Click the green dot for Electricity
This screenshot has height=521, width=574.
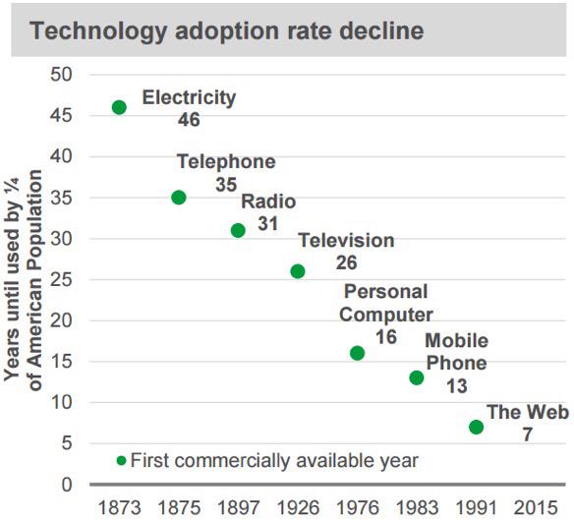[x=119, y=107]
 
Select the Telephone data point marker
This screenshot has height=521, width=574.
[x=179, y=198]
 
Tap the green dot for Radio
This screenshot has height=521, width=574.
[x=238, y=230]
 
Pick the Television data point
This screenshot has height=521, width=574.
[x=298, y=271]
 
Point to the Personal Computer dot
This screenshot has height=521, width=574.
[x=358, y=353]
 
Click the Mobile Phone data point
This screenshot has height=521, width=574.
[x=417, y=377]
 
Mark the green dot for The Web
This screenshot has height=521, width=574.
[x=477, y=427]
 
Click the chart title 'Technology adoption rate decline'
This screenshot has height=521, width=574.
[x=227, y=30]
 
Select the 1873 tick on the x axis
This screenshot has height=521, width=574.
[x=120, y=508]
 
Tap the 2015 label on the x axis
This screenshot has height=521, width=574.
[x=536, y=508]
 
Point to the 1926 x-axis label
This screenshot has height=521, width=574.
[x=298, y=508]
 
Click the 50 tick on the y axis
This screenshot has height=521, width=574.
[x=61, y=75]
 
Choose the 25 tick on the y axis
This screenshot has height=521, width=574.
[x=61, y=280]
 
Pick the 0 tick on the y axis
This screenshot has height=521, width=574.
[x=67, y=485]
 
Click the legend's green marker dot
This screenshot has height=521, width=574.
[x=121, y=461]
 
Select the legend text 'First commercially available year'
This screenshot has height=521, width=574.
[x=274, y=461]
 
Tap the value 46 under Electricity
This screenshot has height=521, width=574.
[x=189, y=119]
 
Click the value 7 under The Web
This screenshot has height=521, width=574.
[x=527, y=434]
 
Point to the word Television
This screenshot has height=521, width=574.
[x=346, y=241]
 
